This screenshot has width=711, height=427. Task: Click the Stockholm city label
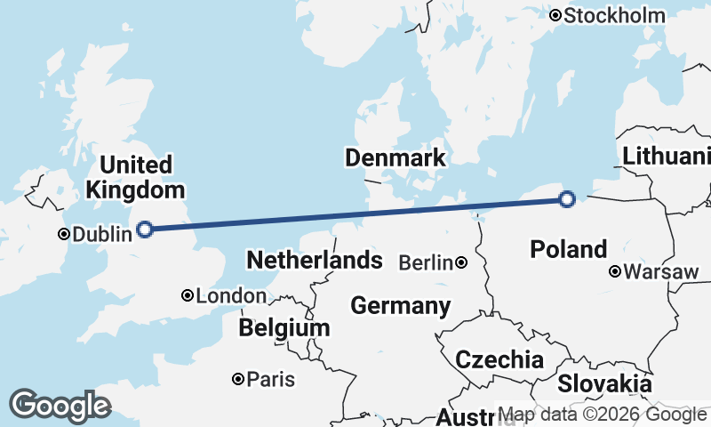pyautogui.click(x=614, y=15)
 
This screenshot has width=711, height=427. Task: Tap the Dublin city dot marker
pyautogui.click(x=64, y=235)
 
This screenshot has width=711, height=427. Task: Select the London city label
pyautogui.click(x=231, y=296)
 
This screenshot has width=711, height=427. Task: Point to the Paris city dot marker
pyautogui.click(x=238, y=379)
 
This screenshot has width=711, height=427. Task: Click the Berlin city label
pyautogui.click(x=427, y=262)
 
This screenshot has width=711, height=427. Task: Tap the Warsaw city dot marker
pyautogui.click(x=615, y=271)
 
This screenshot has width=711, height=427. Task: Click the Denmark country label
pyautogui.click(x=395, y=158)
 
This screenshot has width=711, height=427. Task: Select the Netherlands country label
pyautogui.click(x=315, y=261)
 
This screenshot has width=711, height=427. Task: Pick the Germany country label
pyautogui.click(x=400, y=306)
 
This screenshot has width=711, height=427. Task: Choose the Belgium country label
pyautogui.click(x=284, y=328)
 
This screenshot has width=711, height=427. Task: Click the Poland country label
pyautogui.click(x=569, y=249)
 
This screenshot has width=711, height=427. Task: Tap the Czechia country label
pyautogui.click(x=499, y=359)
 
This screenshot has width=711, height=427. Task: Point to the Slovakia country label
pyautogui.click(x=604, y=384)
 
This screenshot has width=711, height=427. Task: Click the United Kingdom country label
pyautogui.click(x=136, y=177)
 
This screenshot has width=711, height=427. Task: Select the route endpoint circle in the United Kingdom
pyautogui.click(x=145, y=230)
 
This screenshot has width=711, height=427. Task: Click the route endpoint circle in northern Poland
pyautogui.click(x=568, y=199)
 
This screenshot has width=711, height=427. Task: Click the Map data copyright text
pyautogui.click(x=602, y=415)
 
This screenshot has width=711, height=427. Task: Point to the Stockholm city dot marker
pyautogui.click(x=555, y=15)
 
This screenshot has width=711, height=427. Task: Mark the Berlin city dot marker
pyautogui.click(x=461, y=262)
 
